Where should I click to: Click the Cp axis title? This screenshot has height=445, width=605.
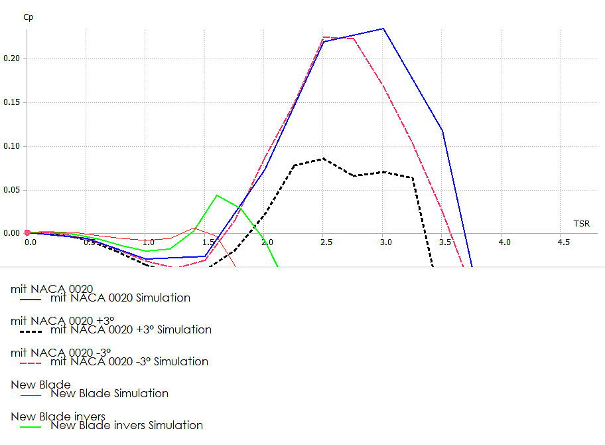(x=28, y=17)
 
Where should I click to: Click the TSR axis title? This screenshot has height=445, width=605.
(x=582, y=223)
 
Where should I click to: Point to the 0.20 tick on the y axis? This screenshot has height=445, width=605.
(x=13, y=58)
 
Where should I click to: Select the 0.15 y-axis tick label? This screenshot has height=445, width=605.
(x=13, y=102)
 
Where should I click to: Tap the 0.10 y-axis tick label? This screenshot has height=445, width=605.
(x=13, y=146)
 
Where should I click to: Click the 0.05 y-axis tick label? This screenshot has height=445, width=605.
(x=13, y=190)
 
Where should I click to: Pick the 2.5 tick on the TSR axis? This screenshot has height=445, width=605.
(x=326, y=242)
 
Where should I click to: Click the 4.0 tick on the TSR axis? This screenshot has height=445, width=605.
(x=504, y=242)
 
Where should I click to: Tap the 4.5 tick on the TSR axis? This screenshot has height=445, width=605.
(x=563, y=242)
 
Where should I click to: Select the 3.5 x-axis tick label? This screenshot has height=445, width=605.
(x=445, y=242)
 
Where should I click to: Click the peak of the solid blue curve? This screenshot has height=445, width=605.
(x=383, y=29)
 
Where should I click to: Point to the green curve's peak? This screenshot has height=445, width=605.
(x=217, y=195)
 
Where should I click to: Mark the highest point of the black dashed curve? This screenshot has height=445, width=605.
(x=323, y=158)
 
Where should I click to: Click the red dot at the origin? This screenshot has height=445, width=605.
(x=27, y=233)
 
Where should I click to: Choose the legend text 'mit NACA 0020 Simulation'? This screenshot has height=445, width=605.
(x=120, y=298)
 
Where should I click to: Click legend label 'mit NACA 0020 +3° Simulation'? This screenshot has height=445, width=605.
(x=131, y=329)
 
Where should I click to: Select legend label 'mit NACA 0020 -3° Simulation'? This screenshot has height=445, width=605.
(x=129, y=361)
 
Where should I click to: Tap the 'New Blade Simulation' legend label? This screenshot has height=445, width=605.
(x=109, y=393)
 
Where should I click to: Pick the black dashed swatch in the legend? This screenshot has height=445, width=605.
(x=31, y=330)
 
